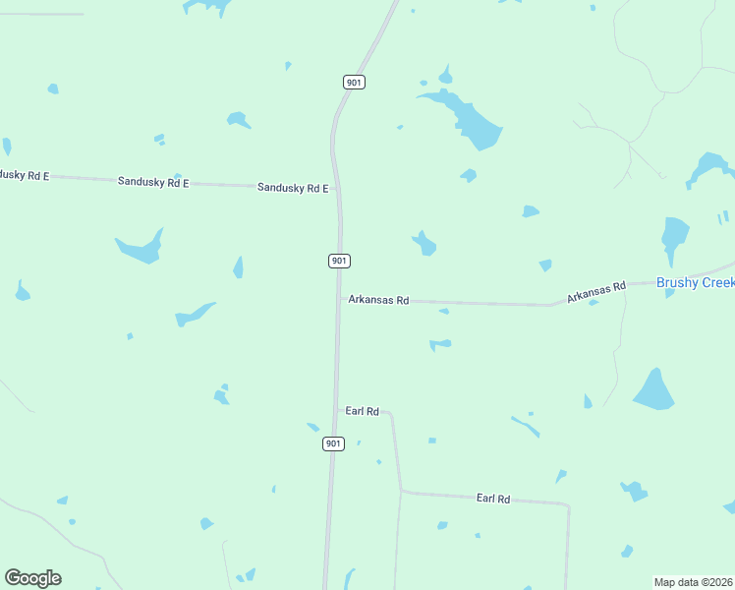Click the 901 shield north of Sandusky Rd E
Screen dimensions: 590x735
coord(355,82)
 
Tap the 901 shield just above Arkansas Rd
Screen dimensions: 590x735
coord(339,261)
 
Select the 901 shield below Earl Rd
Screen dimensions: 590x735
coord(333,443)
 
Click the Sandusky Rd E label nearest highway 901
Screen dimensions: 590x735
coord(293,188)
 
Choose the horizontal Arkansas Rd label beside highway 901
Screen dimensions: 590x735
coord(378,300)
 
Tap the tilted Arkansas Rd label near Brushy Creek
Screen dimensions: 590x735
coord(595,291)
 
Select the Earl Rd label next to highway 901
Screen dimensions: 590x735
coord(363,411)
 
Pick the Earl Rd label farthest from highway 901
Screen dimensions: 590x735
coord(493,500)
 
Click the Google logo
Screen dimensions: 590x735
coord(32,578)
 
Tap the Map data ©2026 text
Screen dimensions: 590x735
coord(694,582)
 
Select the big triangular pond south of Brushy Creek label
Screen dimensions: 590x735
coord(655,390)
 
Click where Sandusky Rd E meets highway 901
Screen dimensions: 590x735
coord(339,186)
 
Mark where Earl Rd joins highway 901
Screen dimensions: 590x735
coord(336,410)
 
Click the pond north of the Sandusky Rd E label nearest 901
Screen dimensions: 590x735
coord(238,120)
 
